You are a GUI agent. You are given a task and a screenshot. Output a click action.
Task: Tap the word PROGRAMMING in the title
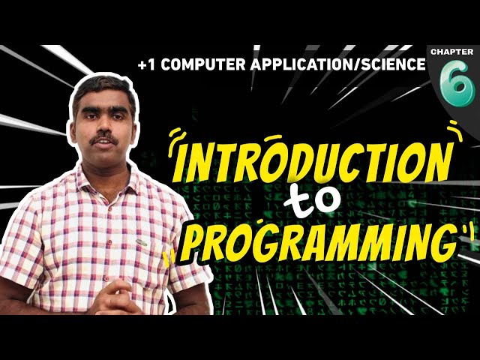pos(315,238)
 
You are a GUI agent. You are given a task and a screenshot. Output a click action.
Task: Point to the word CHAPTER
pos(452,51)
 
